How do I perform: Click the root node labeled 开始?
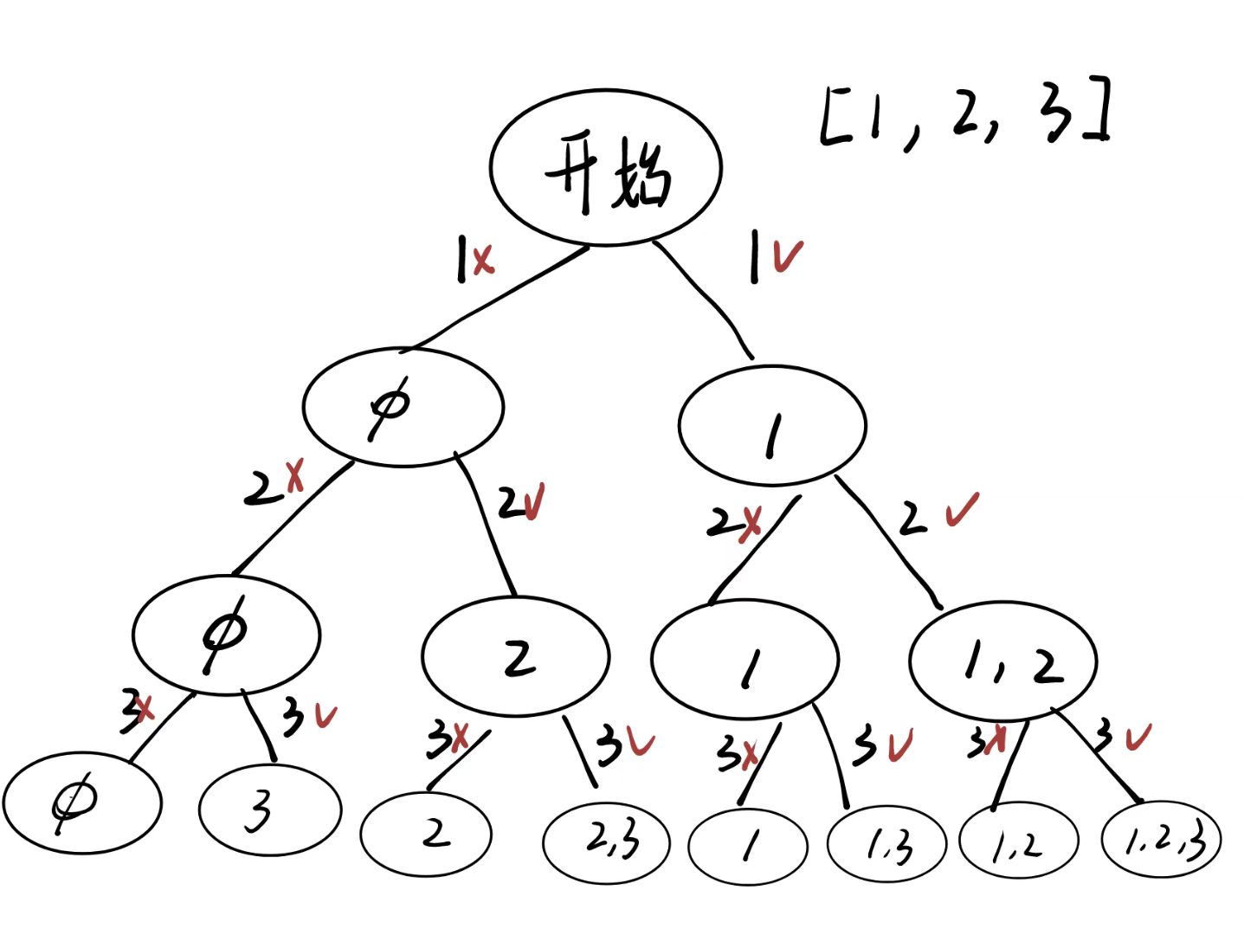pos(606,168)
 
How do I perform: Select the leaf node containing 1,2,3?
pos(1162,838)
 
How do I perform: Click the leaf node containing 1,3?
pos(887,843)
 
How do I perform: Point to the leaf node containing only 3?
pos(270,809)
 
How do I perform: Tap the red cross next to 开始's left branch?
pos(483,259)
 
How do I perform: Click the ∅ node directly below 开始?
pos(403,406)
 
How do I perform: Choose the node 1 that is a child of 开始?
pos(772,425)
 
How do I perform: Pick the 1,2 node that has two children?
pos(1003,661)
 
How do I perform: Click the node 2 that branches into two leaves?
pos(516,656)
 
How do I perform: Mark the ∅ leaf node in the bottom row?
pos(81,802)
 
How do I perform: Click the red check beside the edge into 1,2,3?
pos(1138,738)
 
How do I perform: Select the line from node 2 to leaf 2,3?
pos(580,750)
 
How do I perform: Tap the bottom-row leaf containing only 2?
pos(426,835)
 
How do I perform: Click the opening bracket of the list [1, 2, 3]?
pos(832,116)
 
